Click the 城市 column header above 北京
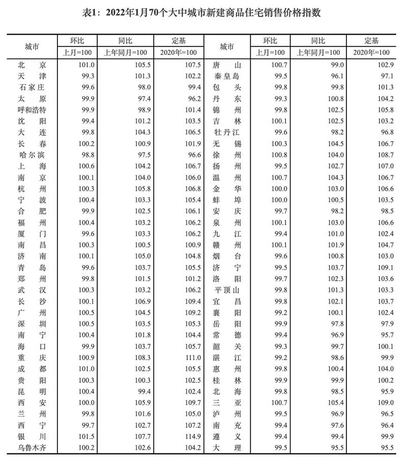[32, 46]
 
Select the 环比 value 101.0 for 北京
[84, 65]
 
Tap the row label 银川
[32, 437]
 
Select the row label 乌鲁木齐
[32, 448]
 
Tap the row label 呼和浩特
[32, 110]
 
